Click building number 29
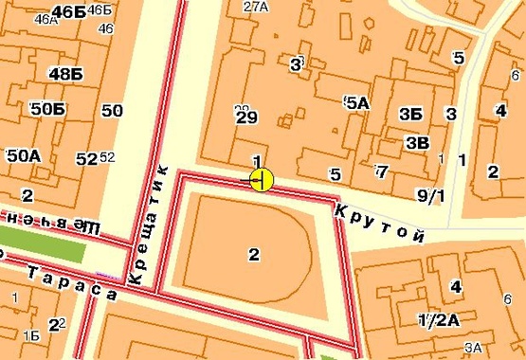point(246,118)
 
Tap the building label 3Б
point(410,115)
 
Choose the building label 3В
point(416,143)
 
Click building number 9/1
point(430,196)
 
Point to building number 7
point(380,171)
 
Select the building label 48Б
point(66,75)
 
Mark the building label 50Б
point(47,110)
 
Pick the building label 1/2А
point(438,319)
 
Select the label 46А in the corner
point(45,18)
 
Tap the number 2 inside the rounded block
point(253,253)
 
